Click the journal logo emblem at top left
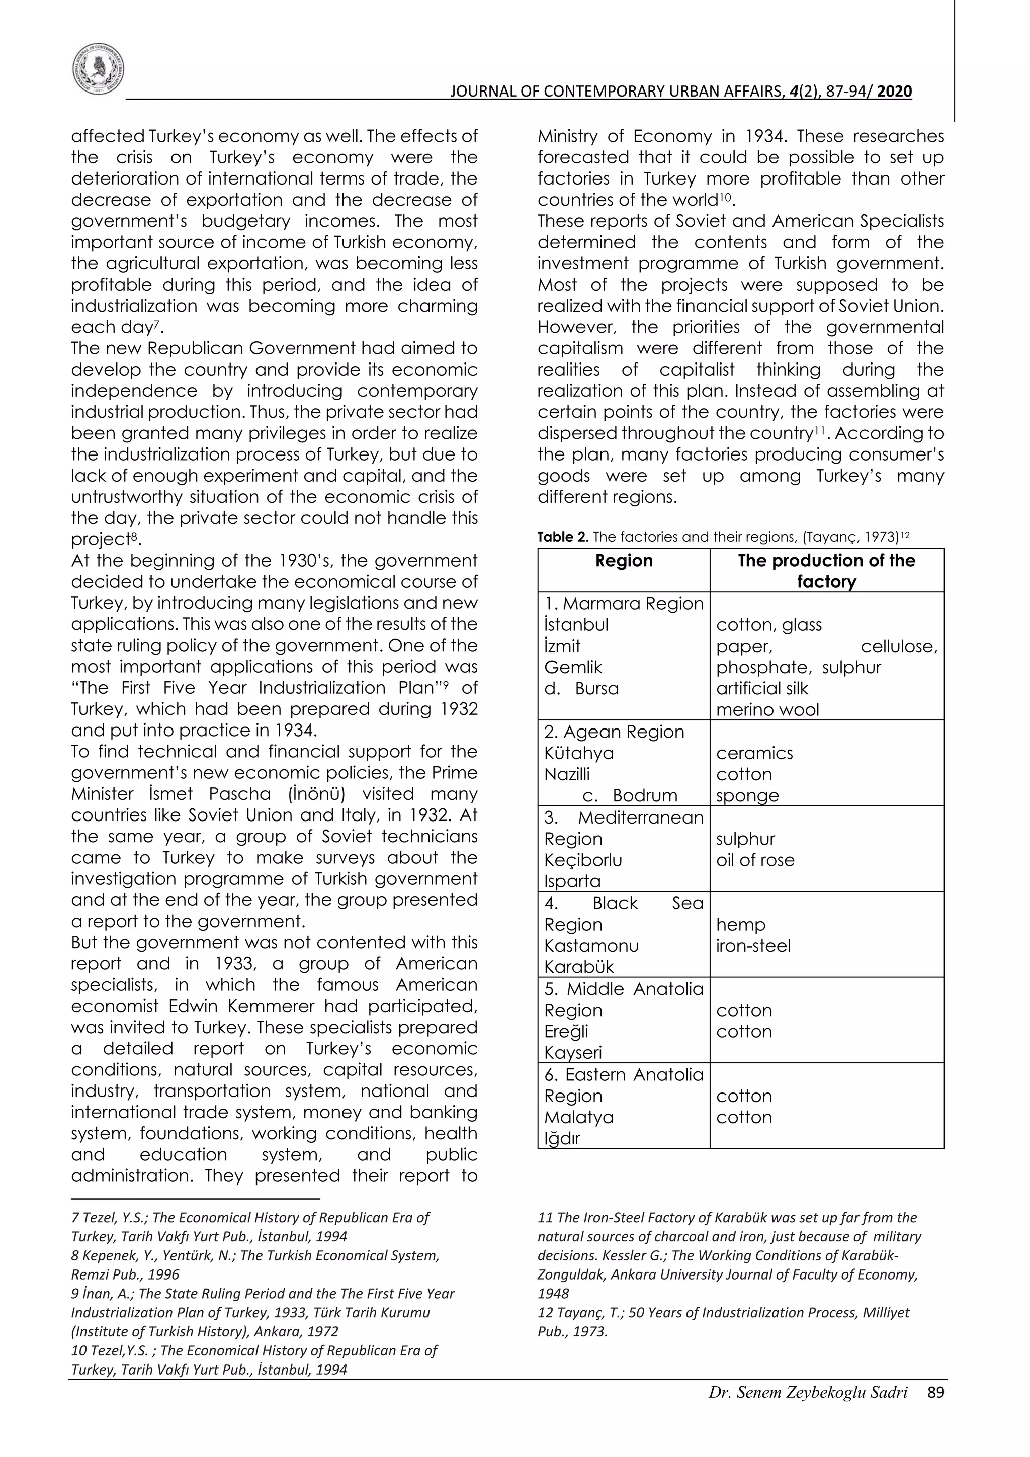98,70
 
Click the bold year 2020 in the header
894,92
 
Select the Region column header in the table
623,561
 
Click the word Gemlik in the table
572,667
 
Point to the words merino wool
767,709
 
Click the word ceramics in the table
754,753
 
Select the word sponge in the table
747,796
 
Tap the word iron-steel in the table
753,946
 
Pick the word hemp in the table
741,925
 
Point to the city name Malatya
578,1117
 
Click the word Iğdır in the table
562,1138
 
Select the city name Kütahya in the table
578,753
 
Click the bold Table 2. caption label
562,537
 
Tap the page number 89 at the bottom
935,1392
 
